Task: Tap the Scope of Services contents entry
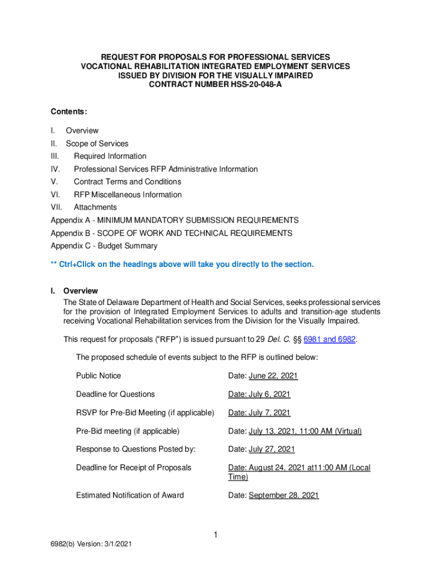tap(97, 143)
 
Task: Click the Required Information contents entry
tap(110, 156)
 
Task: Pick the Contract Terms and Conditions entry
tap(127, 182)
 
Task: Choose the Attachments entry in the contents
tap(95, 207)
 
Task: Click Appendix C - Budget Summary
tap(104, 246)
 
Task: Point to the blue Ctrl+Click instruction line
tap(182, 264)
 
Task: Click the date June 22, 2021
tap(273, 376)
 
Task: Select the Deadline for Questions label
tap(115, 395)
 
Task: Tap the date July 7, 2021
tap(269, 413)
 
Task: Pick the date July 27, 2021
tap(271, 450)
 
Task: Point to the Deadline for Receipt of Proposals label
tap(134, 467)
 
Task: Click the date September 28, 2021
tap(283, 496)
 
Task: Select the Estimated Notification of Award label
tap(130, 496)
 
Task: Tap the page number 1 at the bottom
tap(215, 535)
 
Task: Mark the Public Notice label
tap(99, 376)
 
